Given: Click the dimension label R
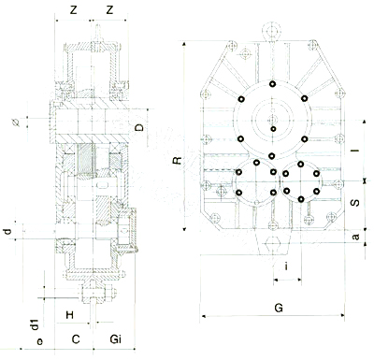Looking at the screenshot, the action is pyautogui.click(x=178, y=161).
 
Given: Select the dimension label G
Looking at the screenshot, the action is pyautogui.click(x=279, y=308).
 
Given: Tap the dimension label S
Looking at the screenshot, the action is pyautogui.click(x=355, y=203).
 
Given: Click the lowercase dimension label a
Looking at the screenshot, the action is pyautogui.click(x=355, y=237).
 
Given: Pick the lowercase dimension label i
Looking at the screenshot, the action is pyautogui.click(x=286, y=266).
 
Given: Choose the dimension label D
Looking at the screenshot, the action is pyautogui.click(x=140, y=127).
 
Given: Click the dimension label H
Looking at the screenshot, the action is pyautogui.click(x=70, y=315).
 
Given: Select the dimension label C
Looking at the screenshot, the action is pyautogui.click(x=76, y=339).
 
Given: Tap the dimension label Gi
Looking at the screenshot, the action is pyautogui.click(x=116, y=338).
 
